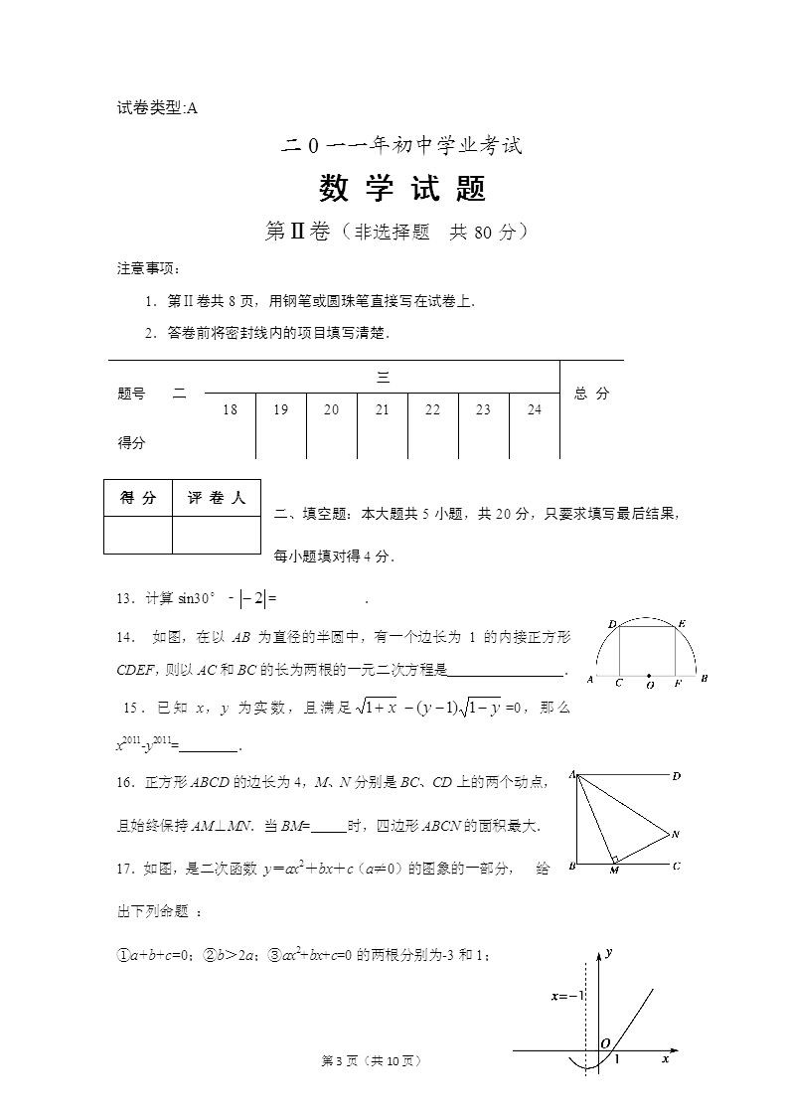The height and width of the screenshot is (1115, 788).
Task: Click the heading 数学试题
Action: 401,188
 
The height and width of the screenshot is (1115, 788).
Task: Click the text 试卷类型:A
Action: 158,108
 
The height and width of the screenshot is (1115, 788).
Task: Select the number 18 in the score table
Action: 231,409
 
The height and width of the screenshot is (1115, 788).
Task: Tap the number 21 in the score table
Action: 383,409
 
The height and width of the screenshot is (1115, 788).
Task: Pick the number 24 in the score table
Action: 535,409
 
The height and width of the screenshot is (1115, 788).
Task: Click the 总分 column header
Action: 591,394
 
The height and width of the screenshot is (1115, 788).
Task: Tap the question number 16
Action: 125,782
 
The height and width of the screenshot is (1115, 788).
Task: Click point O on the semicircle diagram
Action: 649,684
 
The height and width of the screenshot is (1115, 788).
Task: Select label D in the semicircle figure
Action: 612,623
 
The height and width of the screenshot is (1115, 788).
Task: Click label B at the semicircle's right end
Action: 704,679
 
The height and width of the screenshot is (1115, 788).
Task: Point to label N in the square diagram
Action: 676,833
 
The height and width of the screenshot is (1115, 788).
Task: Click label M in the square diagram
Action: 614,872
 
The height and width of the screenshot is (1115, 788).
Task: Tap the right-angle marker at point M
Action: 616,859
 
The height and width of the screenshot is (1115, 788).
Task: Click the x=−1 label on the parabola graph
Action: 568,995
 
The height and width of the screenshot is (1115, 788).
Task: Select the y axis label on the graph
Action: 608,952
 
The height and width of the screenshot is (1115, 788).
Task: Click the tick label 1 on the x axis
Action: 617,1060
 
